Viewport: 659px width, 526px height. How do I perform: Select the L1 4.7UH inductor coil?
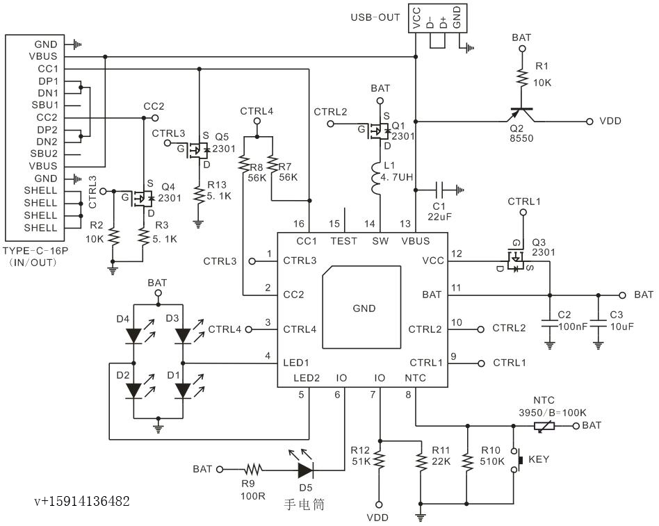[380, 179]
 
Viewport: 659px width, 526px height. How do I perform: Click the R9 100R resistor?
[252, 470]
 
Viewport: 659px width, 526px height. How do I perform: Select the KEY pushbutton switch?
[518, 460]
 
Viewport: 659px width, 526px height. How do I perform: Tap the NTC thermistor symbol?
[544, 425]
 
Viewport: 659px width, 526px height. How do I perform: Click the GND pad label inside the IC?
[364, 308]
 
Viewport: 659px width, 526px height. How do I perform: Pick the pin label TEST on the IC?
[343, 241]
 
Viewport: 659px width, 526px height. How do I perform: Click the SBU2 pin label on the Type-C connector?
[44, 153]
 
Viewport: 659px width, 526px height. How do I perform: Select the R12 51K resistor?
[380, 460]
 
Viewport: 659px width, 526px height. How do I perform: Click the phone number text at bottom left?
[82, 501]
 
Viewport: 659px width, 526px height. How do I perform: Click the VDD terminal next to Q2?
[610, 121]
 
